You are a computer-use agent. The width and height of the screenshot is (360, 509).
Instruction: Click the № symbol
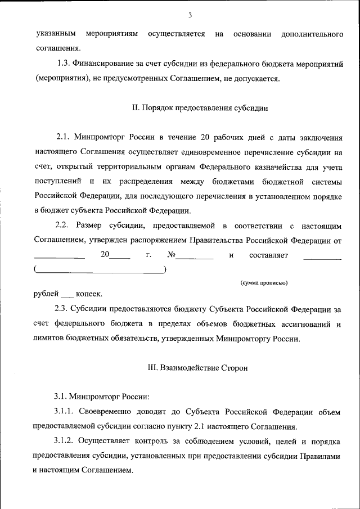coord(172,255)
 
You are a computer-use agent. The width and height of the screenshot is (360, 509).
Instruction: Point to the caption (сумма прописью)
coord(264,282)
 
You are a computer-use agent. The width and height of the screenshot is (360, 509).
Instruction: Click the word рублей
coord(45,294)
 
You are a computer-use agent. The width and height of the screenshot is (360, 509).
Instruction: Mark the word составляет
coord(268,255)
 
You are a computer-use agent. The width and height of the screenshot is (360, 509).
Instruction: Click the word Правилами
coord(322,457)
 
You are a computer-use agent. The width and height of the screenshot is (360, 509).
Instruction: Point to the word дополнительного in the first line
coord(312,35)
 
